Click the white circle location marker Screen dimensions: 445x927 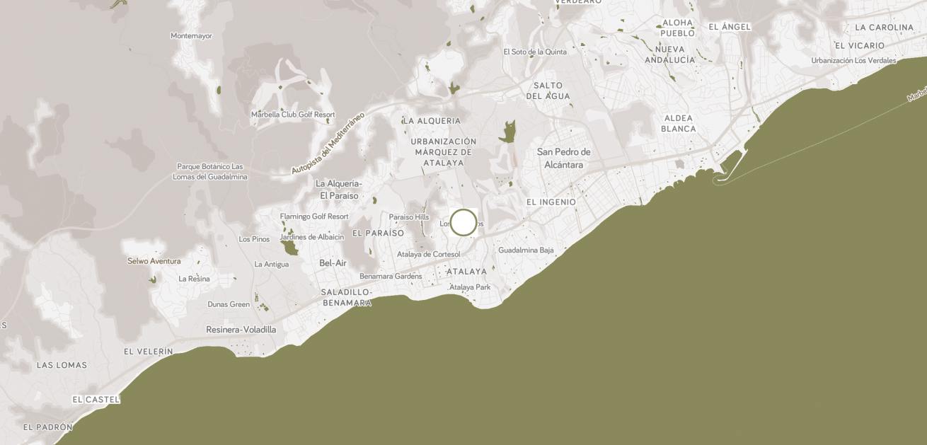[x=463, y=222]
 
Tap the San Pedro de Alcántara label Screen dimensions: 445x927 [x=563, y=158]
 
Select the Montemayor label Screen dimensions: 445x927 [x=191, y=36]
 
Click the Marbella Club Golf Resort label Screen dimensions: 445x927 [x=293, y=115]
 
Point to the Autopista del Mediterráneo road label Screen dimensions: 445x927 [x=328, y=143]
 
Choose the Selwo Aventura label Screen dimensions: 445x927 [x=154, y=261]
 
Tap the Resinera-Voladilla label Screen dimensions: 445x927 [x=241, y=330]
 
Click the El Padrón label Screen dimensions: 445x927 [x=48, y=427]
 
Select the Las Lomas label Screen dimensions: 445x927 [x=62, y=365]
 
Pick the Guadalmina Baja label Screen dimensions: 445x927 [x=526, y=250]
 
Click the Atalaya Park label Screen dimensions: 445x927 [x=470, y=287]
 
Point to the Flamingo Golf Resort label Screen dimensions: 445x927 [x=314, y=216]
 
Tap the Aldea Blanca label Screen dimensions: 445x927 [x=678, y=124]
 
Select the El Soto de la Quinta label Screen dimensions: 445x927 [x=535, y=52]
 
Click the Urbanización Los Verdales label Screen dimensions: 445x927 [x=853, y=60]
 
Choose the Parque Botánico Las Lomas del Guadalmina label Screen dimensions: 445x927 [x=210, y=171]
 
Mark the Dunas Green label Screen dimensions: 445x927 [x=229, y=304]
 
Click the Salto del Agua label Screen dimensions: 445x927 [x=548, y=91]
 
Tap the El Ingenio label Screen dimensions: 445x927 [x=551, y=202]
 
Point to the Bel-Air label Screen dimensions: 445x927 [x=333, y=263]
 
